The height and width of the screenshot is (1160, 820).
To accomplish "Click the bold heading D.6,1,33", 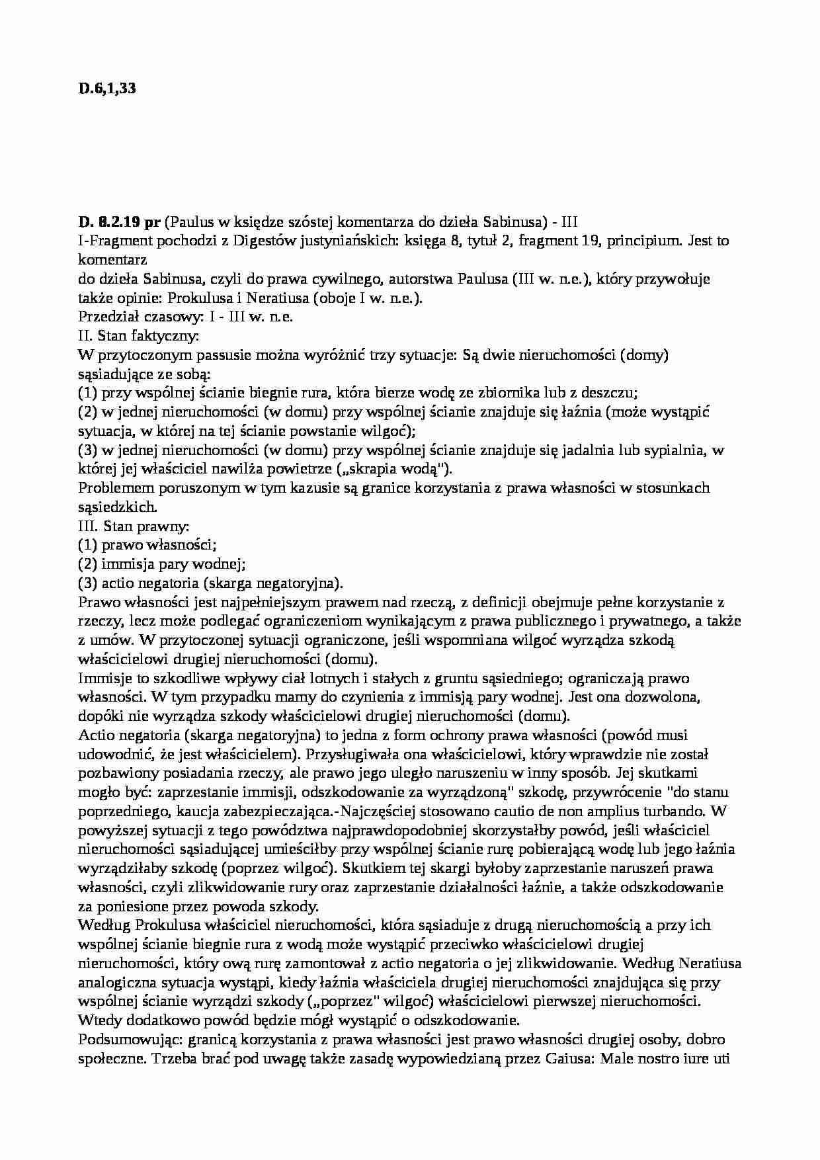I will (107, 89).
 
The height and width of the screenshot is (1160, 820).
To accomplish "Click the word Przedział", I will (104, 317).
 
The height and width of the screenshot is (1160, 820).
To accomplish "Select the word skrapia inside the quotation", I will (382, 470).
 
